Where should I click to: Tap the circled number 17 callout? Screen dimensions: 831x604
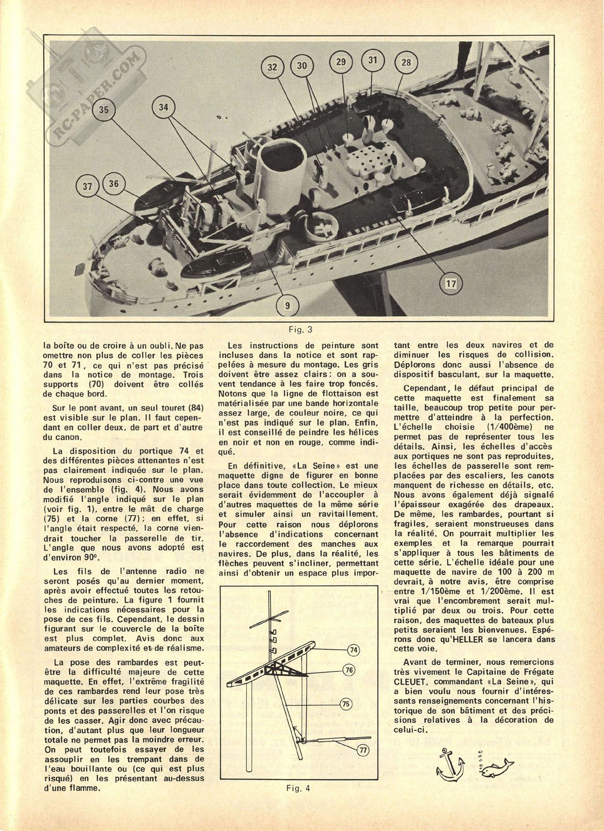pyautogui.click(x=451, y=284)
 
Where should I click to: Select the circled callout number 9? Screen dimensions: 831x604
pyautogui.click(x=286, y=305)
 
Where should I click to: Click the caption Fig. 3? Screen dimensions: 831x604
pyautogui.click(x=301, y=329)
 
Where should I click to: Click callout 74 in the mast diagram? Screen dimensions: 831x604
pyautogui.click(x=354, y=650)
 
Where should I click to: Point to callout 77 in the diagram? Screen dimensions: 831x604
pyautogui.click(x=362, y=749)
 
